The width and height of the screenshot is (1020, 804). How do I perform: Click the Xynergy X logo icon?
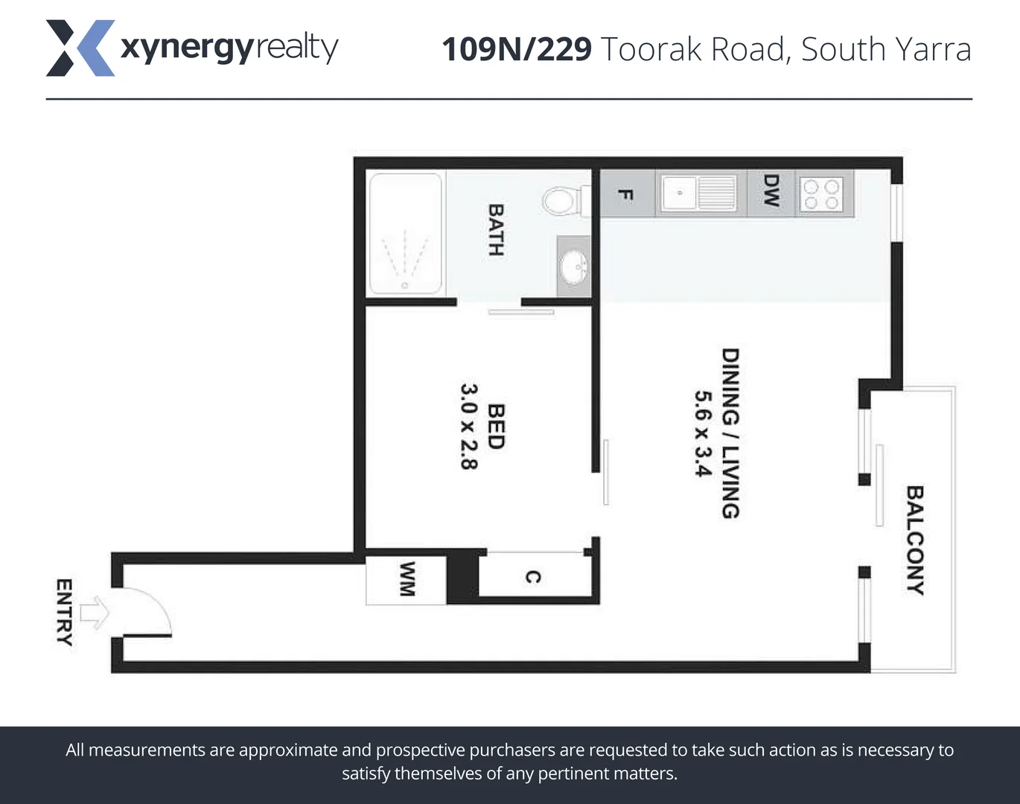point(80,48)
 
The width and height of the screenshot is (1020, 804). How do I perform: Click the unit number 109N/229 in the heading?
point(516,50)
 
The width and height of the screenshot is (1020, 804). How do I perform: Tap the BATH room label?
point(496,230)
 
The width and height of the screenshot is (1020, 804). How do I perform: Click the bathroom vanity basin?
point(574,267)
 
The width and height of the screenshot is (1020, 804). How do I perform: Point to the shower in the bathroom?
point(406,234)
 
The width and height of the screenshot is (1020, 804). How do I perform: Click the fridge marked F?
point(626,194)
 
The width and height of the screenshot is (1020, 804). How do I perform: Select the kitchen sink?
point(699,194)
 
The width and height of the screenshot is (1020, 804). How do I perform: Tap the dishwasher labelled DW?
point(771,191)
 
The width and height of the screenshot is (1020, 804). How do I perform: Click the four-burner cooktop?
point(821,194)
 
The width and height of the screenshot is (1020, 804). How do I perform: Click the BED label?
point(496,427)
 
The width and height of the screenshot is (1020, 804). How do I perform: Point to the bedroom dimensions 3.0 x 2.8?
point(468,427)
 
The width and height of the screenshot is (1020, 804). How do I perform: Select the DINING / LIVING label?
point(730,433)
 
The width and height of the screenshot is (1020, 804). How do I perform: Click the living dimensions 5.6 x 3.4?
point(703,433)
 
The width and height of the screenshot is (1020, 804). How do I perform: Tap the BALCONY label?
point(914,540)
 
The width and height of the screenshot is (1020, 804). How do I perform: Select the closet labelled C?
point(533,577)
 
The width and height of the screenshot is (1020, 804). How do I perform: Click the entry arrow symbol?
point(95,613)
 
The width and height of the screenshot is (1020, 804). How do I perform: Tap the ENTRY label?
point(65,612)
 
